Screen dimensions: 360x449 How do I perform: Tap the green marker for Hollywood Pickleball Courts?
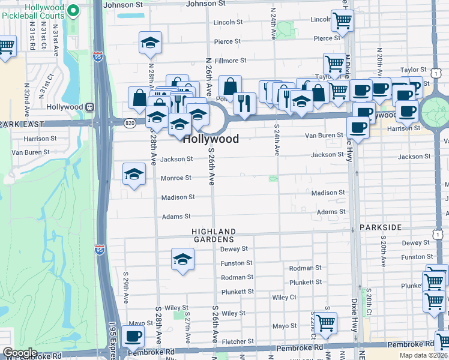[x=73, y=10]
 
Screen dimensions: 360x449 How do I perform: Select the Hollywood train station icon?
[x=89, y=107]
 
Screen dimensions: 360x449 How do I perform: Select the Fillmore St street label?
[x=231, y=61]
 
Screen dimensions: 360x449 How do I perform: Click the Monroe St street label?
[x=176, y=178]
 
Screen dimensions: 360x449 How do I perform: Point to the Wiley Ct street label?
[x=284, y=297]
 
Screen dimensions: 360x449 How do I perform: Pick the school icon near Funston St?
[x=182, y=259]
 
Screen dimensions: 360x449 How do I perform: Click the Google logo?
[x=20, y=353]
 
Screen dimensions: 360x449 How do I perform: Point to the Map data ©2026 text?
[x=424, y=355]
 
